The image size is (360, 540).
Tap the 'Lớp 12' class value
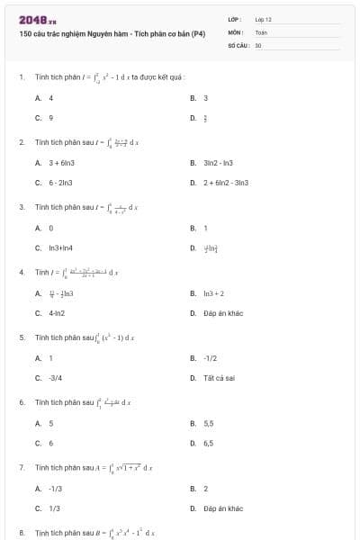pyautogui.click(x=263, y=19)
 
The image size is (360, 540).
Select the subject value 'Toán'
pyautogui.click(x=261, y=31)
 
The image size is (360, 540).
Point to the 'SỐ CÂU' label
pyautogui.click(x=238, y=44)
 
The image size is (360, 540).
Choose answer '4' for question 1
pyautogui.click(x=50, y=97)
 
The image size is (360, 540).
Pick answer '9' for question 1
pyautogui.click(x=50, y=117)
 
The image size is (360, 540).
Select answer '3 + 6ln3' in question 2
pyautogui.click(x=59, y=163)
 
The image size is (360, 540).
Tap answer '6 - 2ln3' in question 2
pyautogui.click(x=59, y=183)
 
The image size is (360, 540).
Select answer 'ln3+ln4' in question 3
pyautogui.click(x=60, y=247)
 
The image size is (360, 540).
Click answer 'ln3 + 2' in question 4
pyautogui.click(x=213, y=293)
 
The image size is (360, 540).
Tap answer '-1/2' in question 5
pyautogui.click(x=211, y=358)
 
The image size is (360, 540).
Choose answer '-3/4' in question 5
pyautogui.click(x=55, y=378)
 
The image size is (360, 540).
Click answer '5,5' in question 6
pyautogui.click(x=209, y=423)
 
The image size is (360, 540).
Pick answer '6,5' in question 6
pyautogui.click(x=209, y=443)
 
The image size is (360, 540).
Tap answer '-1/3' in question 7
pyautogui.click(x=55, y=489)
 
